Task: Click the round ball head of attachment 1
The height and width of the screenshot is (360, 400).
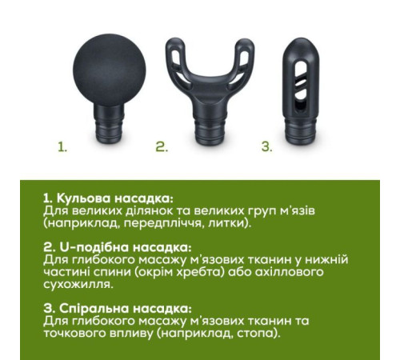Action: (110, 70)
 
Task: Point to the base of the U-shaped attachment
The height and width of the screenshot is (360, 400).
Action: (210, 129)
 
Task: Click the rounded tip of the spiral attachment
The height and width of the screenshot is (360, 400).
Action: (301, 50)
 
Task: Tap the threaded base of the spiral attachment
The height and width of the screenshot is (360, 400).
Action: (301, 132)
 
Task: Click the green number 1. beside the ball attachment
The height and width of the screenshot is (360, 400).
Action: (62, 147)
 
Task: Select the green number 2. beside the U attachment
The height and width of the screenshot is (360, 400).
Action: (162, 147)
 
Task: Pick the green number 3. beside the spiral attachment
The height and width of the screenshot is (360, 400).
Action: (266, 147)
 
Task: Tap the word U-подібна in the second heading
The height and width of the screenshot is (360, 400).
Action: (94, 247)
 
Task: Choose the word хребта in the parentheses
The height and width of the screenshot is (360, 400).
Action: (203, 272)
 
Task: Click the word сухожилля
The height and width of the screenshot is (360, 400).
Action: (78, 285)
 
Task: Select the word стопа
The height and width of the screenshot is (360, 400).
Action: (258, 334)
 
